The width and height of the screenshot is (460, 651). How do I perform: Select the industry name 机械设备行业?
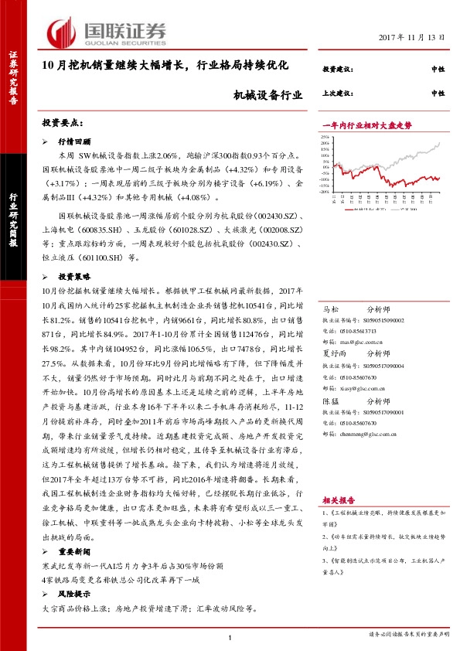(x=267, y=97)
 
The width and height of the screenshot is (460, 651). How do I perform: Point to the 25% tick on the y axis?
(x=325, y=137)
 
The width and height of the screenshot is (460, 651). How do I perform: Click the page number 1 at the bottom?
(x=230, y=636)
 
